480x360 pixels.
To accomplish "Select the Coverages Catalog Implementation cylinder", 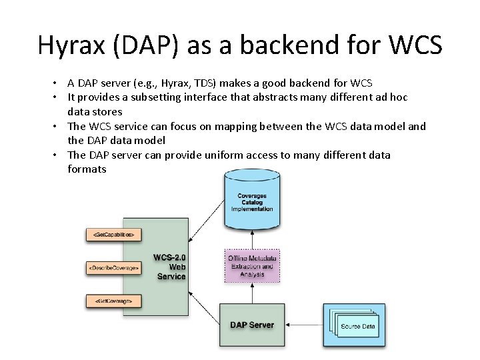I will pos(251,200).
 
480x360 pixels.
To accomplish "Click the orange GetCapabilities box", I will pos(114,235).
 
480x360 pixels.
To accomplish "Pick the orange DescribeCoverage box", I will pos(114,267).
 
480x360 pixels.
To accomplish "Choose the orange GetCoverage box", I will pos(114,301).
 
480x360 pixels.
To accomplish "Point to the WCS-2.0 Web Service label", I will pos(171,267).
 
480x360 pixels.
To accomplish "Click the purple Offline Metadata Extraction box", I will pos(251,266).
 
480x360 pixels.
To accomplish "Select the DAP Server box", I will pos(251,325).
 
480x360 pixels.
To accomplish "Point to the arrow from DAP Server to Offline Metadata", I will pos(251,293).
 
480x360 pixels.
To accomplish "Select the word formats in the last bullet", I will pos(87,169).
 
